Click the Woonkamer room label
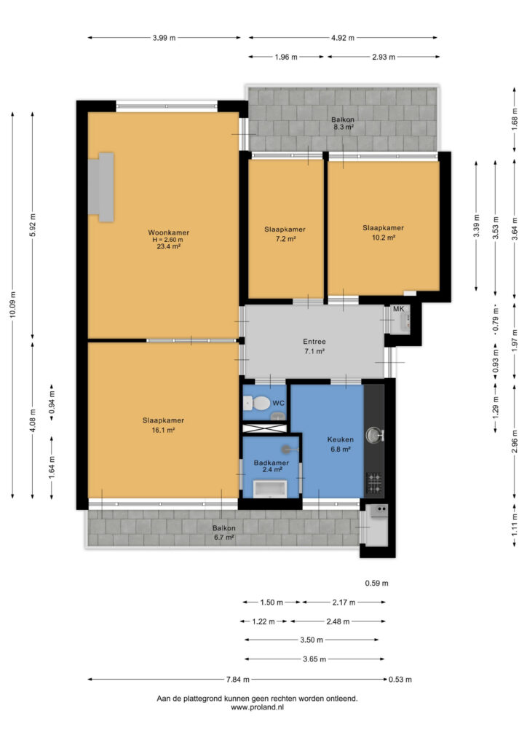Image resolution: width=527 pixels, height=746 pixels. pyautogui.click(x=169, y=232)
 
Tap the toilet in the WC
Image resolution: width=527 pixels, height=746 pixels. pyautogui.click(x=257, y=404)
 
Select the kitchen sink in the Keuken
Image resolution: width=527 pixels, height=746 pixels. pyautogui.click(x=374, y=435)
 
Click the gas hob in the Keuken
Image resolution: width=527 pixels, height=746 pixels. pyautogui.click(x=374, y=482)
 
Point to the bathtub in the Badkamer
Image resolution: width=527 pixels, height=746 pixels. pyautogui.click(x=270, y=489)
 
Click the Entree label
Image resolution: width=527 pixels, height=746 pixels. pyautogui.click(x=314, y=342)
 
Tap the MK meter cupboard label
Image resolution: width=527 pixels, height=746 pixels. pyautogui.click(x=398, y=309)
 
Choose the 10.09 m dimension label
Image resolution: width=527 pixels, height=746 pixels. pyautogui.click(x=13, y=305)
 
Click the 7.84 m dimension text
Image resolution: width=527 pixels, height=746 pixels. pyautogui.click(x=237, y=680)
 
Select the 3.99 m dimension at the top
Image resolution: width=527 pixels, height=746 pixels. pyautogui.click(x=164, y=38)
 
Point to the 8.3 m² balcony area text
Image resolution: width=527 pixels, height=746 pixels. pyautogui.click(x=343, y=127)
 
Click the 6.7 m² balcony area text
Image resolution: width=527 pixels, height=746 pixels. pyautogui.click(x=223, y=538)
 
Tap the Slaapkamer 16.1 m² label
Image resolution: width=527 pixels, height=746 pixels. pyautogui.click(x=163, y=425)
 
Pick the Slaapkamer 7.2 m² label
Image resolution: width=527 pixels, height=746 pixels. pyautogui.click(x=285, y=234)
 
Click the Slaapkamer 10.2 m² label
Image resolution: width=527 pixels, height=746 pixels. pyautogui.click(x=383, y=232)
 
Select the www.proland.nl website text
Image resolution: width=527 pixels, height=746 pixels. pyautogui.click(x=257, y=707)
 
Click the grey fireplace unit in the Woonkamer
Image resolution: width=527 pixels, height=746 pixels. pyautogui.click(x=100, y=187)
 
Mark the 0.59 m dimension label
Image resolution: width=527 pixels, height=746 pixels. pyautogui.click(x=376, y=584)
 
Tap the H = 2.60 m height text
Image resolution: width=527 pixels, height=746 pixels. pyautogui.click(x=167, y=240)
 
